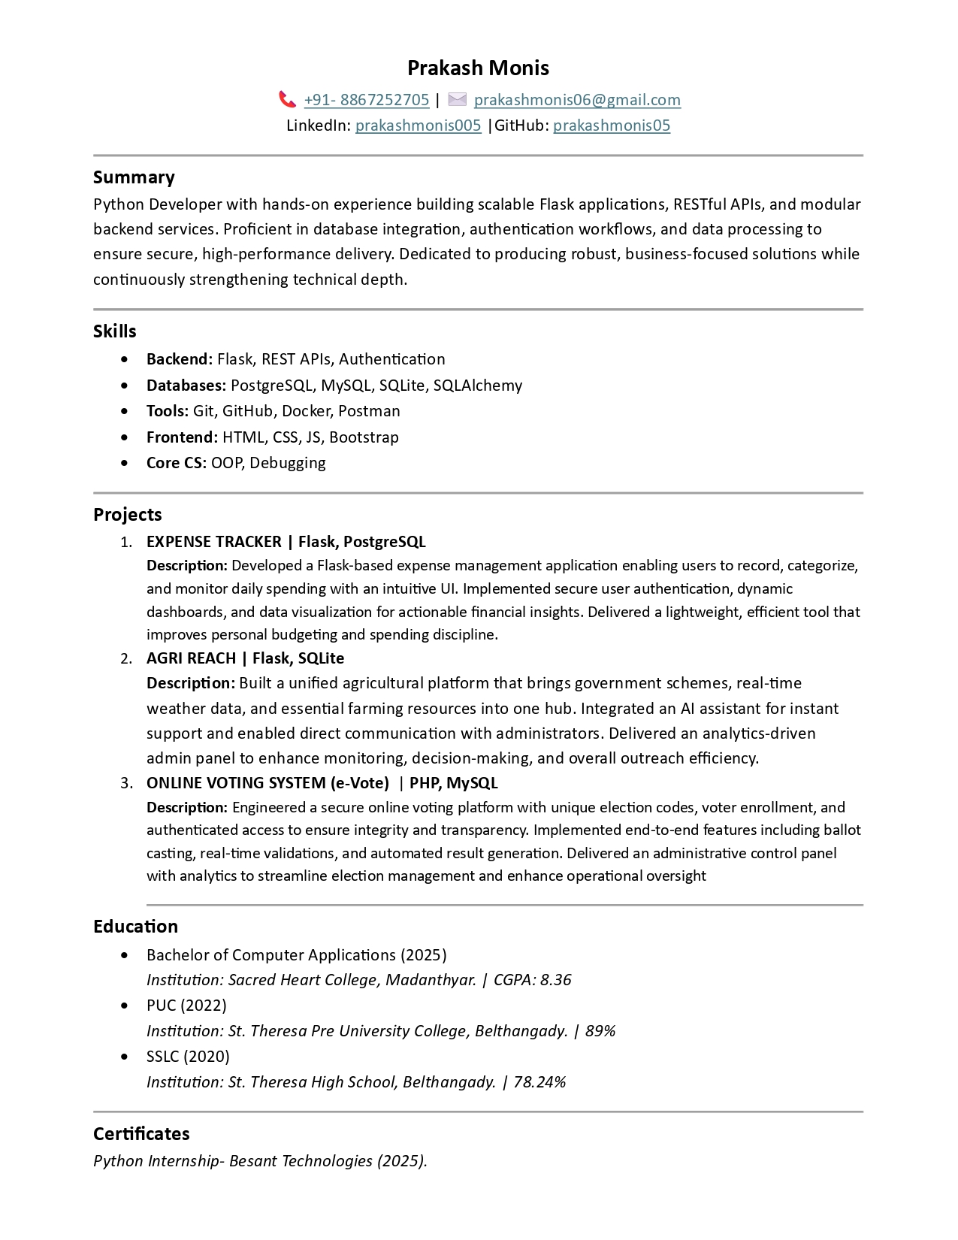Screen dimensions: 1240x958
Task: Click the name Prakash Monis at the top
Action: pos(478,68)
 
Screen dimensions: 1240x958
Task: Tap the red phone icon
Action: pos(287,99)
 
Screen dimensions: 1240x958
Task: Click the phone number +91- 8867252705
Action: pos(367,100)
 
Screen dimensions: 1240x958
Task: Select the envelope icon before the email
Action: pos(458,99)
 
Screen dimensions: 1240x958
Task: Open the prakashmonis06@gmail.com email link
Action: pos(577,100)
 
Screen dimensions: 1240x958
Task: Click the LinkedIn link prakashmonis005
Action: pos(418,126)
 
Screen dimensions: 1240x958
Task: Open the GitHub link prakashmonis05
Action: pos(612,126)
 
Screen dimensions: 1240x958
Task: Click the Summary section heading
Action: pos(134,177)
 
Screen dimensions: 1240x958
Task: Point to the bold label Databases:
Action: pos(186,386)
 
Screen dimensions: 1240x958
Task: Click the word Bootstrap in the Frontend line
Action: pos(364,437)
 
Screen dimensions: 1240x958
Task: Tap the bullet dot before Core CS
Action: pos(124,463)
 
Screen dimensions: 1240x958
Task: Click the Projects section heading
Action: pos(128,515)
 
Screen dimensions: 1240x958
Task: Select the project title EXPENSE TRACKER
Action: pos(214,542)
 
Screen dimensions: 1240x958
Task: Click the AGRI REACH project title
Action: pos(191,658)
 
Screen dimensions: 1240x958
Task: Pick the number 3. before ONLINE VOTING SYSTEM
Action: pos(126,783)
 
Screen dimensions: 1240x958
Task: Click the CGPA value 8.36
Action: pos(555,980)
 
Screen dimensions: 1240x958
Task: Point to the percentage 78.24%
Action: pos(539,1082)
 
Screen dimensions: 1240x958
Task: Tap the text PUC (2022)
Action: pos(186,1006)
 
